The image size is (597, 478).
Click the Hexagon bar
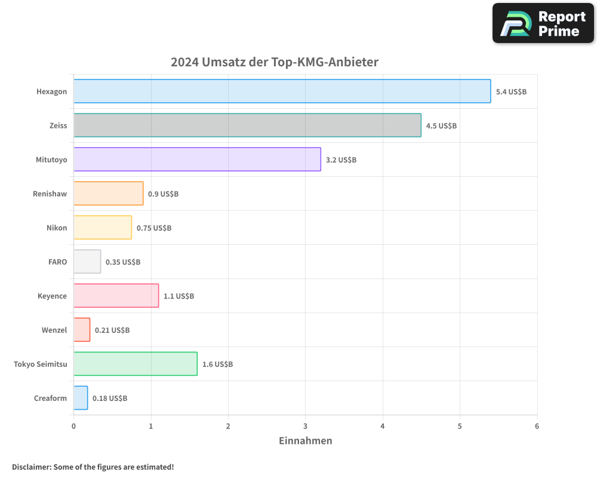282,91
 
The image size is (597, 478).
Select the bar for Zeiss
247,125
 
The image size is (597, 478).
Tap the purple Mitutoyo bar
197,160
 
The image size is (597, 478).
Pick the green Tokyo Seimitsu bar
136,364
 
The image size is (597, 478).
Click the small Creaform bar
81,398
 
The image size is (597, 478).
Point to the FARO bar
87,262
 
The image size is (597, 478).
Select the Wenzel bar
82,330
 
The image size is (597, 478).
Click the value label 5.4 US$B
511,92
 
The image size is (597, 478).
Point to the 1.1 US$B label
179,296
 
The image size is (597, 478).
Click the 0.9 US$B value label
163,194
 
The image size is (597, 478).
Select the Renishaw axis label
50,194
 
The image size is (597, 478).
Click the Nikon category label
57,228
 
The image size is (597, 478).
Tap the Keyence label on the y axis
52,296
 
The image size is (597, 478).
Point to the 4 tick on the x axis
383,426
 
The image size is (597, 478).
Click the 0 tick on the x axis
73,426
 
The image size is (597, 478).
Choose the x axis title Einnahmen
305,441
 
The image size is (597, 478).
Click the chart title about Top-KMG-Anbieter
275,62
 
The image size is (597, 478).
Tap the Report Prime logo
543,23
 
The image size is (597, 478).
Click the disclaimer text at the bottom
93,467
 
